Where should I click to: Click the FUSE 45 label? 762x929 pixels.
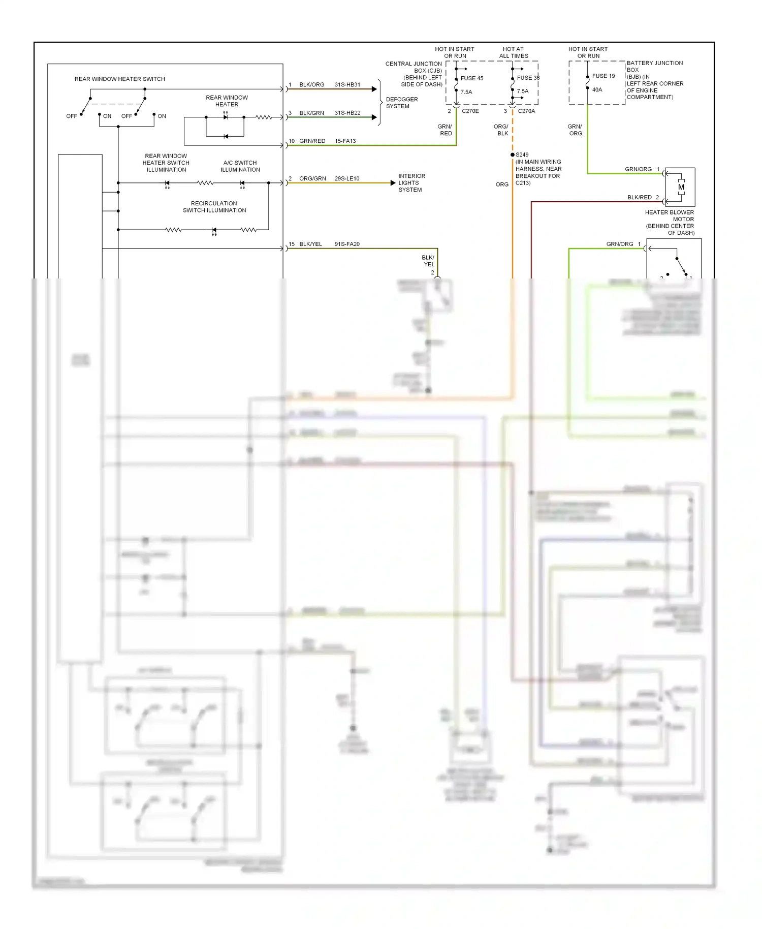tap(471, 78)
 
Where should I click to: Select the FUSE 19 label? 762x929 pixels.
tap(603, 76)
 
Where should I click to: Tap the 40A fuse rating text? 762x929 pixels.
tap(597, 90)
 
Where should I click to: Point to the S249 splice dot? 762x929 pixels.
tap(512, 154)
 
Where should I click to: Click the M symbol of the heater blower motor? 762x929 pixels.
tap(681, 187)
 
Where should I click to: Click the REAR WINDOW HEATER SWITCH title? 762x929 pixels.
tap(119, 79)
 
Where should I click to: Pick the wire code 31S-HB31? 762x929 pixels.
tap(347, 85)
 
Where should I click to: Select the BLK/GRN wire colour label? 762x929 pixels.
tap(311, 113)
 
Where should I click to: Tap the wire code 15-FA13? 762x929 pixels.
tap(345, 141)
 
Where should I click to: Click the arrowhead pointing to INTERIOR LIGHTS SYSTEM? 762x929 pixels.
tap(393, 183)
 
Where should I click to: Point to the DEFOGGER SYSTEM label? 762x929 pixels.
tap(401, 103)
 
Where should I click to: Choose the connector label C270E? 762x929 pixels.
tap(470, 111)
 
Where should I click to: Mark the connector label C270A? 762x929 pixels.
tap(526, 111)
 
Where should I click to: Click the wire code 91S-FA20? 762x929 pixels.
tap(346, 244)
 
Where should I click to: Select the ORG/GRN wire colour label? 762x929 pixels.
tap(312, 179)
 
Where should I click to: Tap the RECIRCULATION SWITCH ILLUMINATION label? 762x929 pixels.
tap(214, 207)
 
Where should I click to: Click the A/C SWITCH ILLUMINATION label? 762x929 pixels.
tap(240, 166)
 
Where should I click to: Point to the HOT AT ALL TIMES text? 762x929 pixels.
tap(513, 53)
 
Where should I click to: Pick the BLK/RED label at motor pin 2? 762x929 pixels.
tap(639, 198)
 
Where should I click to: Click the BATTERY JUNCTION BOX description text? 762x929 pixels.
tap(654, 80)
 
